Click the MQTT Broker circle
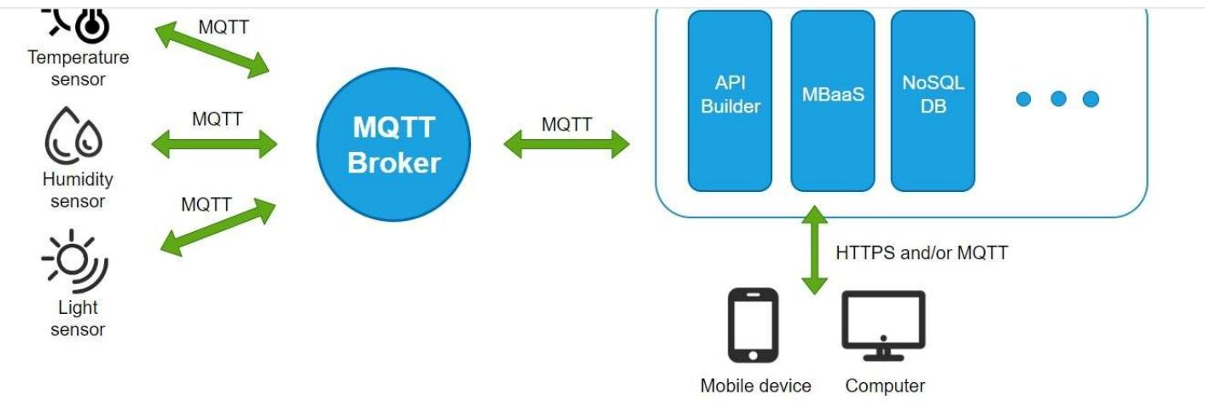coord(393,146)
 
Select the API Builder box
coord(730,101)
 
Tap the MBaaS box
coord(832,101)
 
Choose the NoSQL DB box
coord(933,101)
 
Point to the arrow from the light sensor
coord(218,225)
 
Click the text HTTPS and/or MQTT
coord(922,252)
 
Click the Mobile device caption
coord(755,386)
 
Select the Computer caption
coord(885,386)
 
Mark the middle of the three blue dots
coord(1058,99)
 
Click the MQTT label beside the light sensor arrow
coord(207,205)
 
